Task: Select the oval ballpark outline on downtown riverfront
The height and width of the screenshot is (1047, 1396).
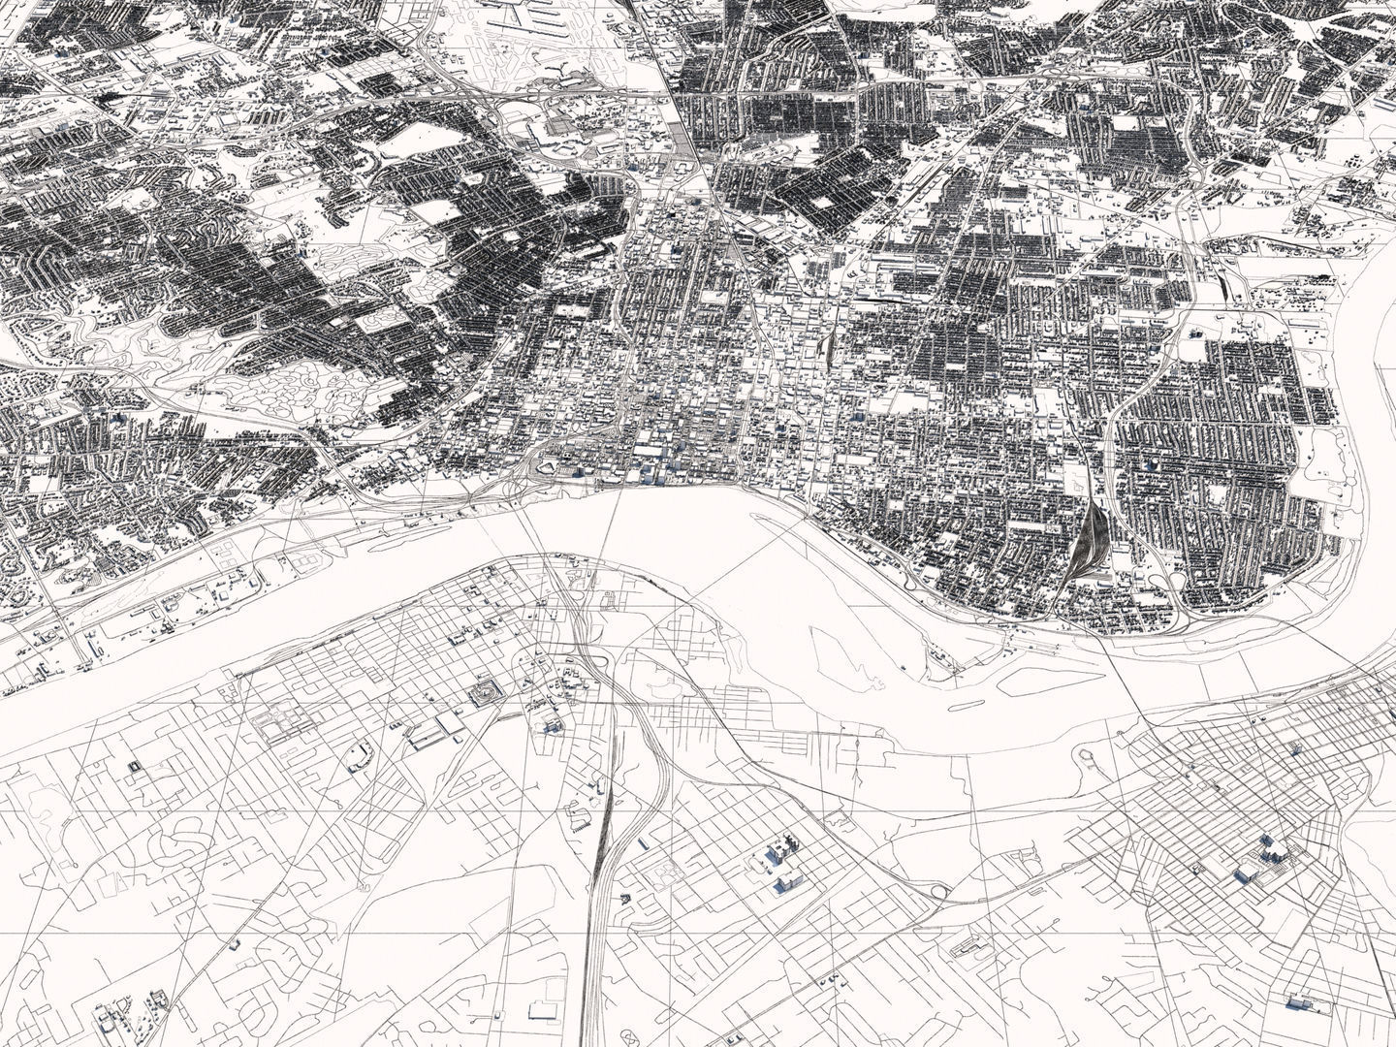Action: (x=550, y=468)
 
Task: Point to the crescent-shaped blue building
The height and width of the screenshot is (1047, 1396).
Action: (x=359, y=754)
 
